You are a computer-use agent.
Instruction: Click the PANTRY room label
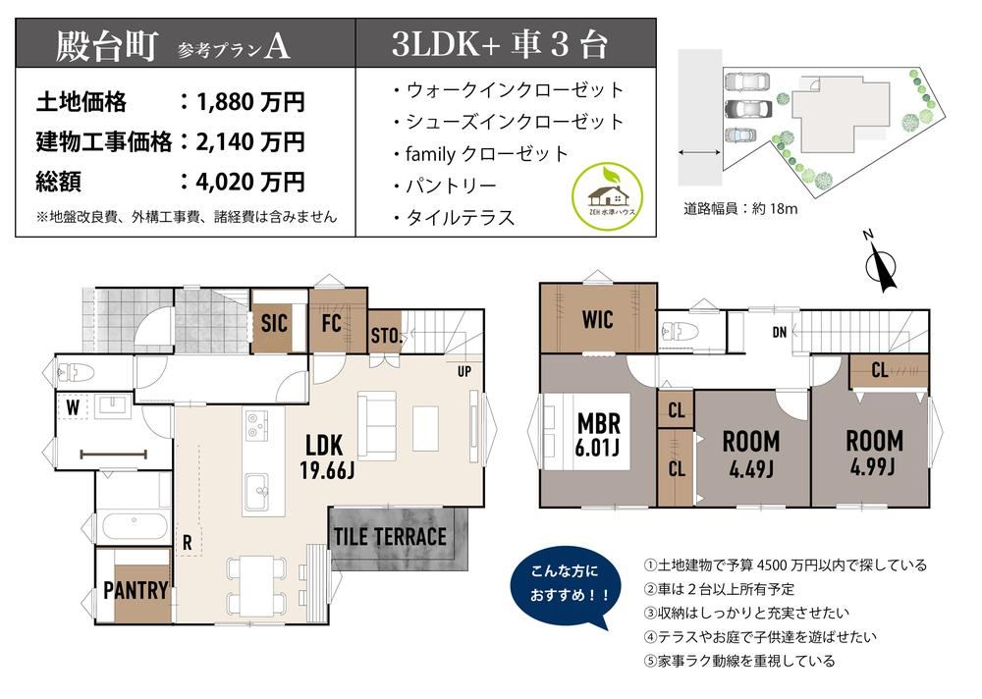(x=136, y=590)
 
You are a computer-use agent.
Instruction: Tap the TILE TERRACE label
(x=390, y=537)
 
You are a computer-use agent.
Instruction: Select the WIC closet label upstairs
(x=597, y=319)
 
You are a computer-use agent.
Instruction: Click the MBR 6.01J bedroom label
(x=599, y=435)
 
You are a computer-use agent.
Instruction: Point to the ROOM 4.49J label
(x=751, y=454)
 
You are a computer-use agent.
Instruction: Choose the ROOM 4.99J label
(x=874, y=453)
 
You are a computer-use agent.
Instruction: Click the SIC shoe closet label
(x=274, y=324)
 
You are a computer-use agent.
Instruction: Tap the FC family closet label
(x=331, y=323)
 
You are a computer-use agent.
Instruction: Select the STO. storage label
(x=385, y=337)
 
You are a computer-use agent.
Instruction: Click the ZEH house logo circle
(x=608, y=195)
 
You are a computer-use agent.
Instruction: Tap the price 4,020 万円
(x=249, y=183)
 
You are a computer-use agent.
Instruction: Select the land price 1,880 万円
(x=249, y=101)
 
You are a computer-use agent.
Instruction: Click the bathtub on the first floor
(x=134, y=526)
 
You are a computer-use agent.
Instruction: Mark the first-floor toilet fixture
(x=75, y=373)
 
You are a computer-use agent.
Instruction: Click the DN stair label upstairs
(x=779, y=332)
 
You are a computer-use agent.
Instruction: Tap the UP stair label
(x=464, y=371)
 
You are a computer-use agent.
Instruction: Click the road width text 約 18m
(x=775, y=208)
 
